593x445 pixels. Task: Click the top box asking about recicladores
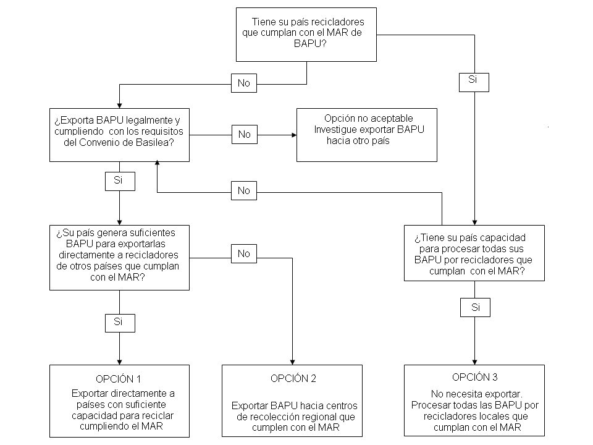(x=306, y=35)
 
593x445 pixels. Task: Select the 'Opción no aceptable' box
(x=366, y=135)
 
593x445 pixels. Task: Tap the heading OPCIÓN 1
(x=119, y=379)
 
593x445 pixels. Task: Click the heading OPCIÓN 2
(x=293, y=378)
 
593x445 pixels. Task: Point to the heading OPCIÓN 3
(x=474, y=377)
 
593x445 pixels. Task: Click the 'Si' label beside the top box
(x=474, y=82)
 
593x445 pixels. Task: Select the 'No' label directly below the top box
(x=244, y=83)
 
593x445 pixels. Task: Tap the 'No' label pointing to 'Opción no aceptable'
(x=245, y=134)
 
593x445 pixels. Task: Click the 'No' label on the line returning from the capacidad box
(x=244, y=190)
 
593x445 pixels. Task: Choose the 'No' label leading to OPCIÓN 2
(x=244, y=253)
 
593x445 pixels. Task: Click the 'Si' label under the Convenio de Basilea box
(x=120, y=181)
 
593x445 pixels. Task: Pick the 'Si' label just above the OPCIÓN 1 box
(x=120, y=323)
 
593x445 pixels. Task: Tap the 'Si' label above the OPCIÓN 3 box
(x=475, y=307)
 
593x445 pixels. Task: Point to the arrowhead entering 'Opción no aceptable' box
(x=294, y=135)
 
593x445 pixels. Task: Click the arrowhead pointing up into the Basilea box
(x=157, y=163)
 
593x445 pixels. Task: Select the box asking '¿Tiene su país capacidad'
(x=474, y=253)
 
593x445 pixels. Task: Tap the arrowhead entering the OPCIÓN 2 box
(x=292, y=362)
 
